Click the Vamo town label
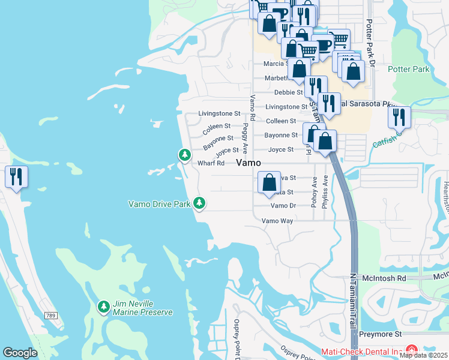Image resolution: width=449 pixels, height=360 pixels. coord(249,163)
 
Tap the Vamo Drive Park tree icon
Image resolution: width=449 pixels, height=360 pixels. coord(199,204)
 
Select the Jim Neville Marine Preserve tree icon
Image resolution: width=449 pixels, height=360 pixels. coord(104,307)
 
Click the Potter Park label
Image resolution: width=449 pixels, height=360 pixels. coord(409,69)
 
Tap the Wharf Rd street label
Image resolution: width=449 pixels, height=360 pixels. coord(211,163)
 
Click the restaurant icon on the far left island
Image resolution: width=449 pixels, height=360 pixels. coord(16,177)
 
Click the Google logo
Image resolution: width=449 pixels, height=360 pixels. coord(20,353)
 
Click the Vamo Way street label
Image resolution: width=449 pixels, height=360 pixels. coord(277,221)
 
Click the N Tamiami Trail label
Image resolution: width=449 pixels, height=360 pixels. coord(354,300)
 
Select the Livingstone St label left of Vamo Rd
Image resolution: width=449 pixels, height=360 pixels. coord(219,113)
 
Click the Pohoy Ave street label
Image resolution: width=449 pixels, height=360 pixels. coord(313,191)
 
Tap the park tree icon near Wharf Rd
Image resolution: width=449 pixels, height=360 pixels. coord(185,155)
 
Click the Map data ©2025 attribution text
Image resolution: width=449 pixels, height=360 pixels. coord(424,355)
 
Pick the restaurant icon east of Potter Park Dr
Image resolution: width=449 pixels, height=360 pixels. coord(399,118)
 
